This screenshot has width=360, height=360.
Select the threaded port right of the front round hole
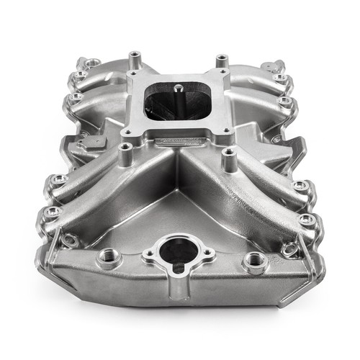point(254,261)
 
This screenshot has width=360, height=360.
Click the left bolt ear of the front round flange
point(149,253)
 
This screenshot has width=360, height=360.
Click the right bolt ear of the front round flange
point(208,253)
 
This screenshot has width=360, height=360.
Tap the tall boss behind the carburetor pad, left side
point(134,58)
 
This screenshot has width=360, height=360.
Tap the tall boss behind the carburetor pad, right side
point(217,58)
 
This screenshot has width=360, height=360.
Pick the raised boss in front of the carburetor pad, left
point(127,152)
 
